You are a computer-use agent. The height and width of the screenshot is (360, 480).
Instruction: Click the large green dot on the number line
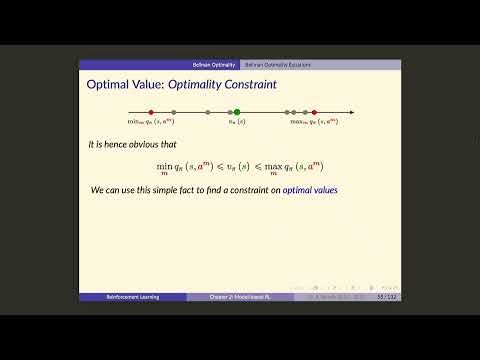[x=238, y=113]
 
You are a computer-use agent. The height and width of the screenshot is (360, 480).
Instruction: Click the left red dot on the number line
[x=151, y=113]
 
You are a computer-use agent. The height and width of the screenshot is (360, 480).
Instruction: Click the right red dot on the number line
[x=314, y=113]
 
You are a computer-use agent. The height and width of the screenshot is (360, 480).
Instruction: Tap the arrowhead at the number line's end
[x=354, y=113]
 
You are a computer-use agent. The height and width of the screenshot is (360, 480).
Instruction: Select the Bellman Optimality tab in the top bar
[x=215, y=64]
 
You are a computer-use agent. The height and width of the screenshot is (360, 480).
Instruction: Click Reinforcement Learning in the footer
[x=133, y=297]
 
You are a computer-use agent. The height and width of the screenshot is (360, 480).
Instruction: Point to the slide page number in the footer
[x=383, y=297]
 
